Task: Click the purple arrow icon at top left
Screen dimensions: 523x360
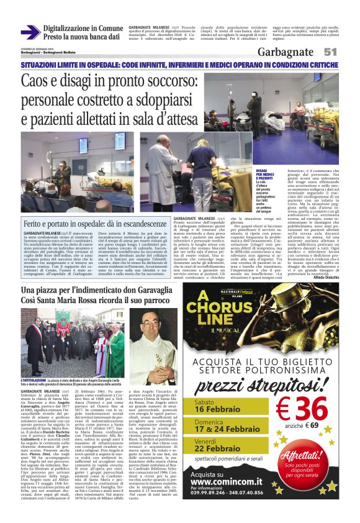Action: tap(30, 32)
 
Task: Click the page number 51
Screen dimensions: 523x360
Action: tap(330, 52)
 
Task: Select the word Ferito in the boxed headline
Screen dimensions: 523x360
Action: tap(39, 222)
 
